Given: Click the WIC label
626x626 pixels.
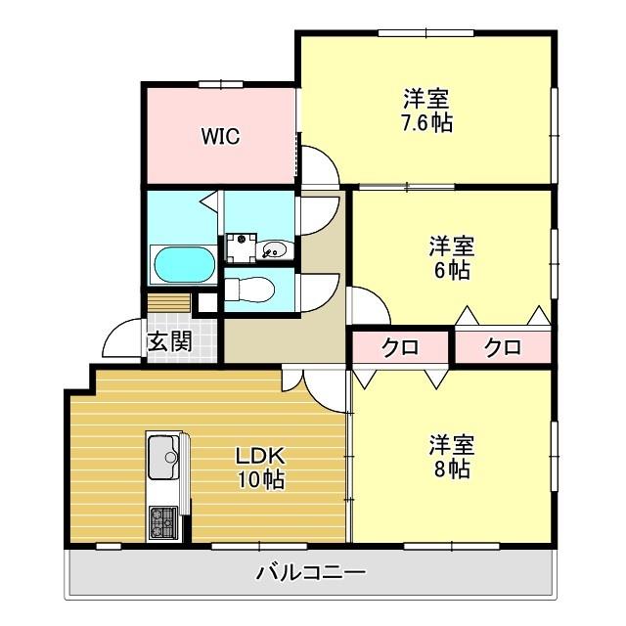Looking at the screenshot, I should pos(221,136).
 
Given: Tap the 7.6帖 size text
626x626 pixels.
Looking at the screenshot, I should pos(426,124).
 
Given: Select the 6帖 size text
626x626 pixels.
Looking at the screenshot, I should pos(451,271).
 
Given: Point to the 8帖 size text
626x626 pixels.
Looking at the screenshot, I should pos(451,469).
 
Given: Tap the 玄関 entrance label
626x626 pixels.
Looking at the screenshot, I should pos(169,342).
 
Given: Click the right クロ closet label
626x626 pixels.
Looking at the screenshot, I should pos(502,347).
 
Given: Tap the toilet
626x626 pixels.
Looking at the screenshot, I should pos(252,290).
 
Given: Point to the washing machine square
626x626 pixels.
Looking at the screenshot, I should pos(241,246).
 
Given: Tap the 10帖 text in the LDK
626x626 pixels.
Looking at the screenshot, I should pos(259,480).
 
